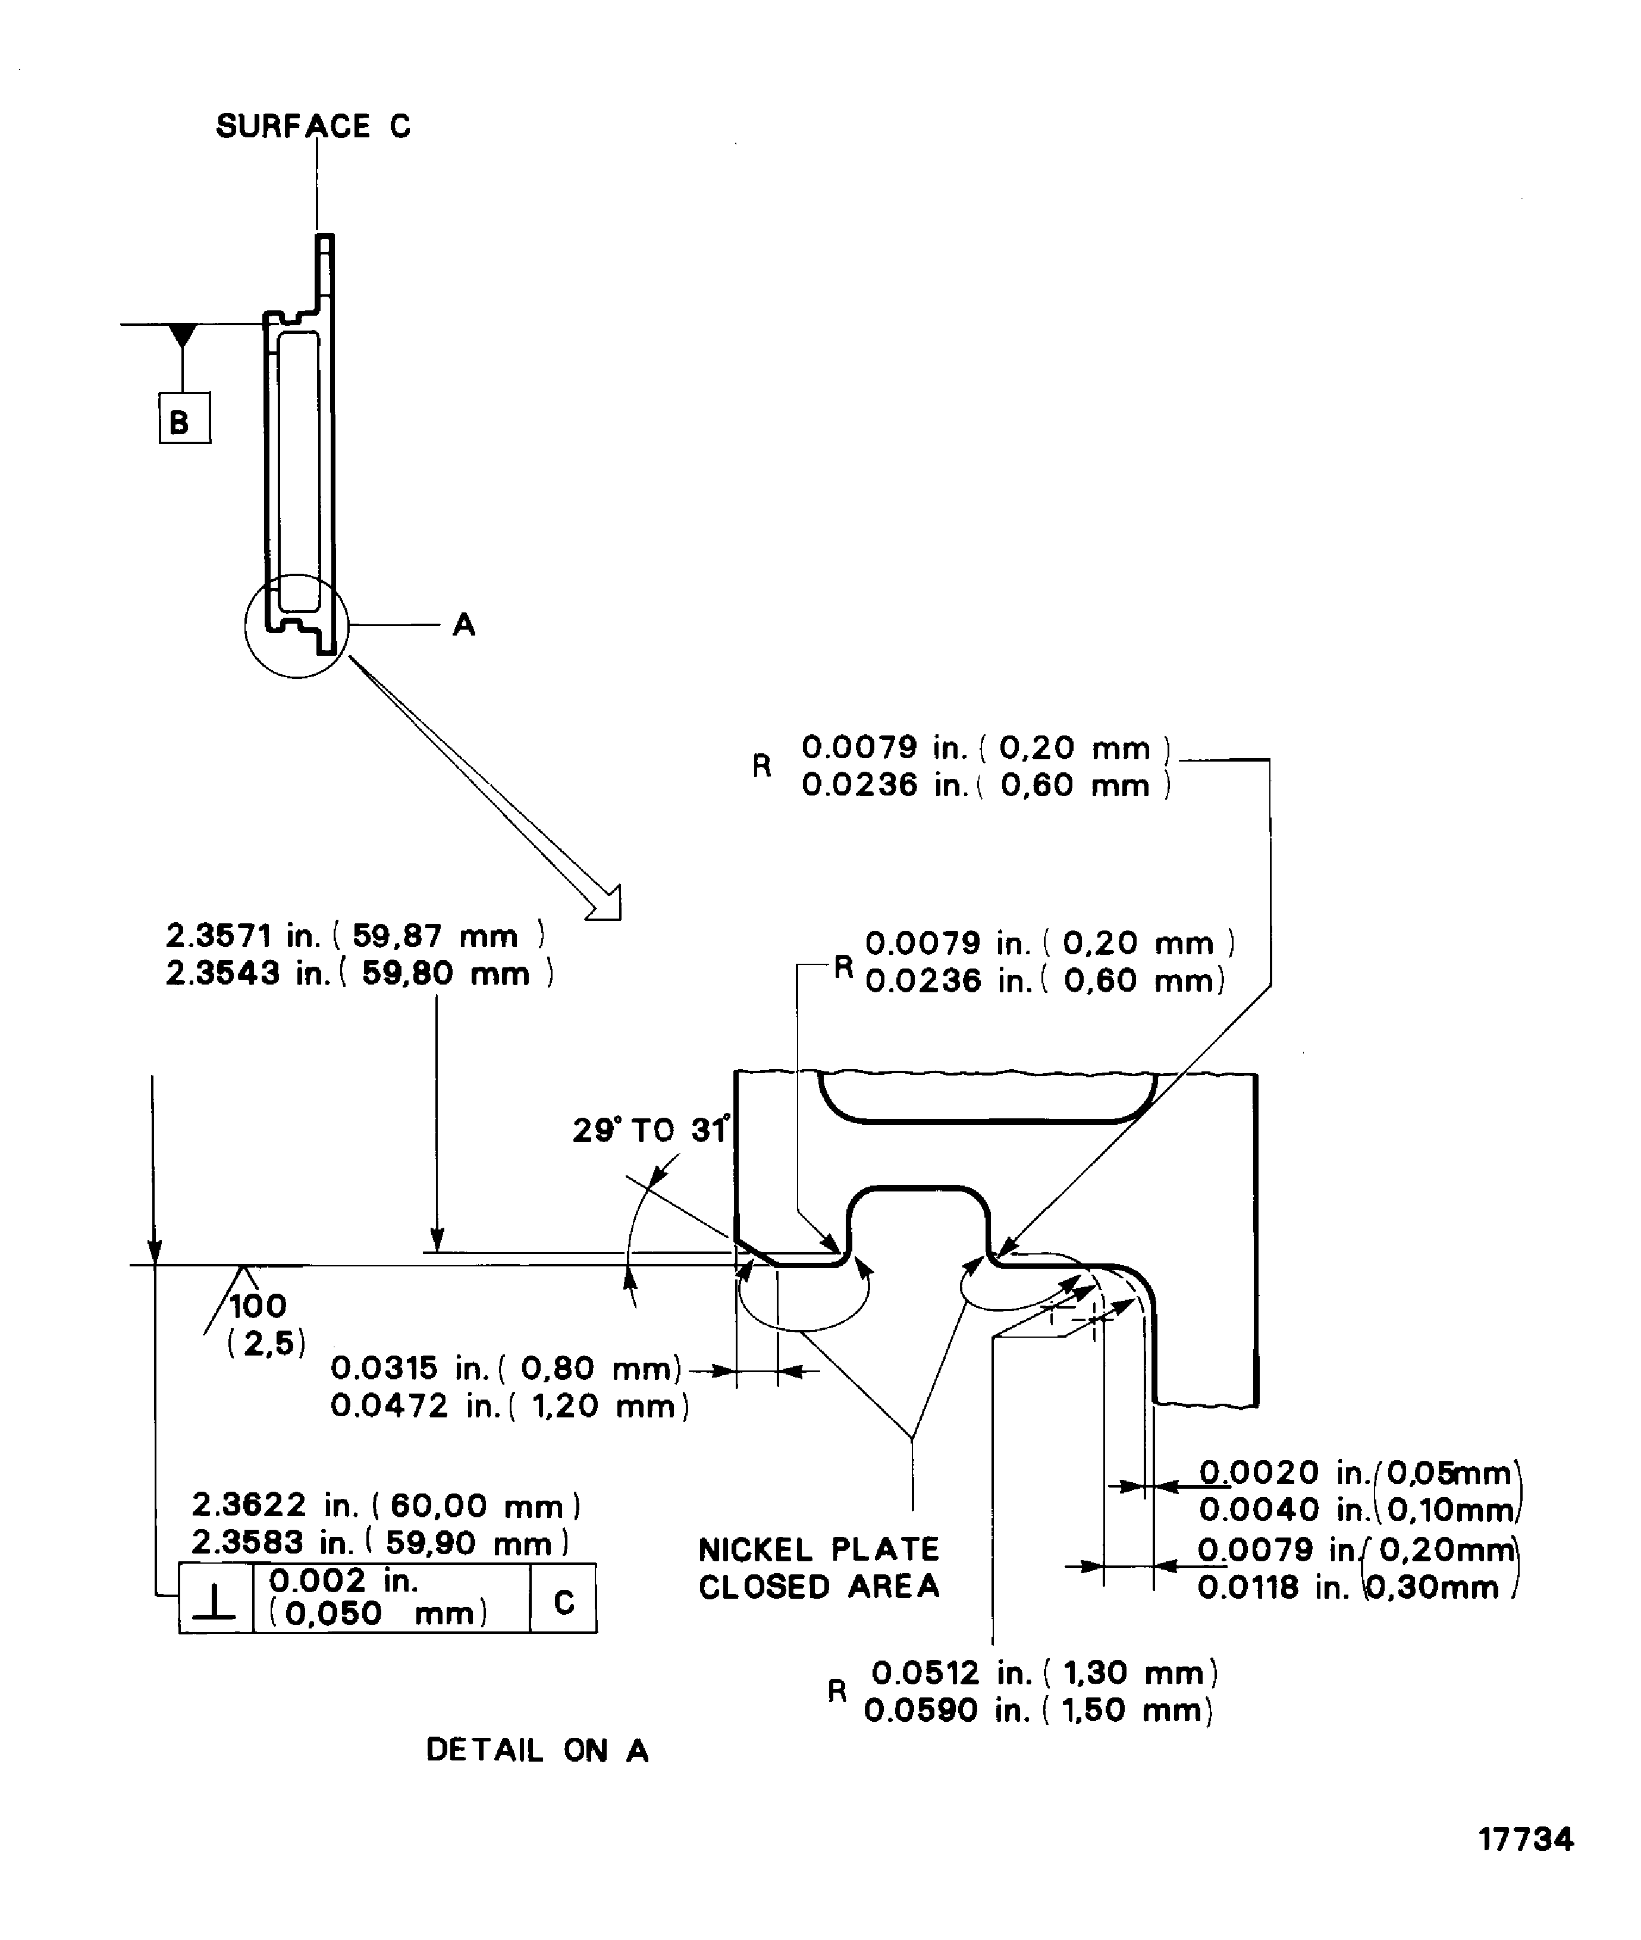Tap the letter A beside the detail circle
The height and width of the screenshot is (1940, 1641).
(x=463, y=625)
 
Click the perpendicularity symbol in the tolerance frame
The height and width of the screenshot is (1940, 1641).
(x=216, y=1602)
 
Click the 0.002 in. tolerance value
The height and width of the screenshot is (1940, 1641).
(x=343, y=1580)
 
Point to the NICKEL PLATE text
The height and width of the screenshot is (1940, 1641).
(x=818, y=1549)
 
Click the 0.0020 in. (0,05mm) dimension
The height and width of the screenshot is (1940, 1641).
(x=1356, y=1473)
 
